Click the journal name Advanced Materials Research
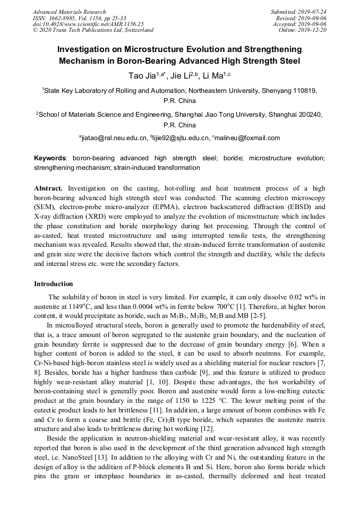coord(69,12)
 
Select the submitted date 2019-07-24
coord(313,12)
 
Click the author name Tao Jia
coord(140,76)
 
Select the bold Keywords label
coord(50,158)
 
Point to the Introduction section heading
coord(53,284)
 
